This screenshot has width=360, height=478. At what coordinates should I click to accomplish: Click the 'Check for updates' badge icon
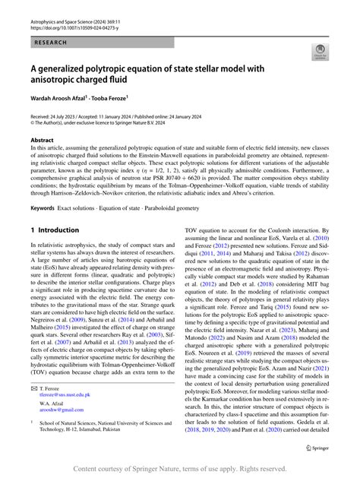(318, 53)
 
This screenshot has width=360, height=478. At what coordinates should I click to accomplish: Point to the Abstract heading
(42, 141)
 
